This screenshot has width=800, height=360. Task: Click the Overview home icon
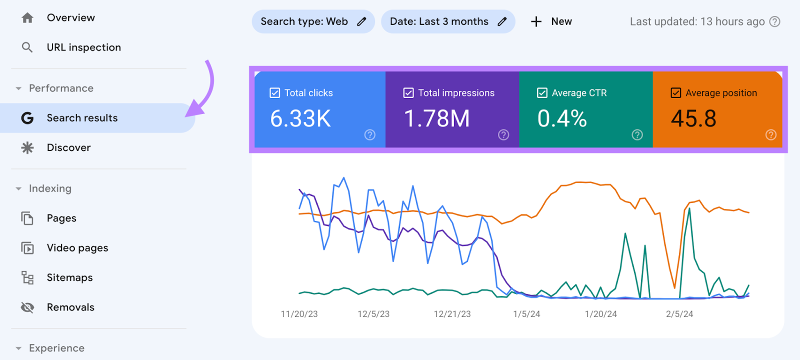point(27,18)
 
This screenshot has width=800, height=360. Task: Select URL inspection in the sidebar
point(83,47)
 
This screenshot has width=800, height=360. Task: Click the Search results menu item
point(82,118)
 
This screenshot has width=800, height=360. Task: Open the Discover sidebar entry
point(68,148)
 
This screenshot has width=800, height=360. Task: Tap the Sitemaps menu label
point(69,278)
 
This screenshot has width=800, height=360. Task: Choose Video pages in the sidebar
point(77,248)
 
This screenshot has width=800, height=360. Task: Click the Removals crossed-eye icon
point(27,307)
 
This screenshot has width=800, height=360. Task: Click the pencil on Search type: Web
point(361,21)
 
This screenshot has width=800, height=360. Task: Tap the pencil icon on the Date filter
point(502,21)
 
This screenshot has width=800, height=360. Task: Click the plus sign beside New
point(536,21)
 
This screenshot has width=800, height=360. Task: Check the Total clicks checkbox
point(274,93)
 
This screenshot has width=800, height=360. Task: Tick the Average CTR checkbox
point(542,93)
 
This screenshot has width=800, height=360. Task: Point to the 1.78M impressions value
point(436,119)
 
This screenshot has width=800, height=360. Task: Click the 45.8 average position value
point(693,119)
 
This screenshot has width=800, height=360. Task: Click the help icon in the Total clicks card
point(370,134)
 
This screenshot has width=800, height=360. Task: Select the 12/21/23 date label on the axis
point(452,314)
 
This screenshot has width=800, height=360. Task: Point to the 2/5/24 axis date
point(679,314)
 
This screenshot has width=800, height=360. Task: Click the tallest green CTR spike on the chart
point(689,209)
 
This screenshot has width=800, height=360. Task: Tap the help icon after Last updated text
point(774,21)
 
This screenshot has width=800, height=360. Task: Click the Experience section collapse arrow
point(18,348)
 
